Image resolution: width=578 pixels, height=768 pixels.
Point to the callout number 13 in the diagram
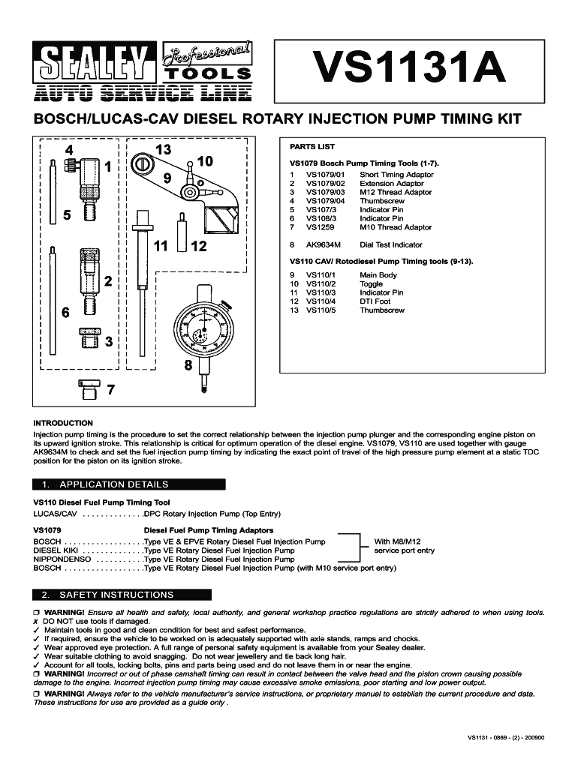163,150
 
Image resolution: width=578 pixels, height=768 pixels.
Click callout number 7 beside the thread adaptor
110,390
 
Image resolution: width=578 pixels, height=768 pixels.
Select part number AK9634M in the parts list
323,244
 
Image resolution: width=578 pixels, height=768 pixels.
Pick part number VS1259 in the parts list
319,227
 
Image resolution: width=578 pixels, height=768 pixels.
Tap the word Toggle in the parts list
371,284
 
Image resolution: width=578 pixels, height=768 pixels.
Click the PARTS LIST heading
312,147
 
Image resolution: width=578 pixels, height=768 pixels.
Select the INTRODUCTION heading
63,423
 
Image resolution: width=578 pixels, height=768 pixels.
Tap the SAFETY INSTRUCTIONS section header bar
122,595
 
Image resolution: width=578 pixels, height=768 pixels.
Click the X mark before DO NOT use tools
36,622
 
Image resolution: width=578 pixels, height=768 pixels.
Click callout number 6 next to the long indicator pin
66,312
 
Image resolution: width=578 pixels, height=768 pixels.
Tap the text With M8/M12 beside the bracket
397,541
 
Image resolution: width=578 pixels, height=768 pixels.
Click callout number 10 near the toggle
205,161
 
